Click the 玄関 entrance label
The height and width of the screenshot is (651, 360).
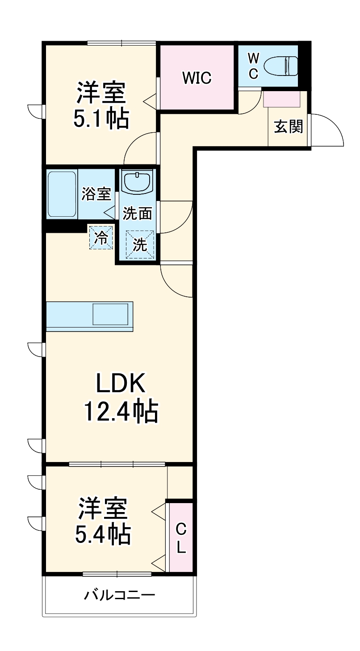click(x=288, y=127)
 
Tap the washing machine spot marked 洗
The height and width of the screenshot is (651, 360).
click(x=139, y=244)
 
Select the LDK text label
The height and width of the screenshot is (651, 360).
click(x=120, y=383)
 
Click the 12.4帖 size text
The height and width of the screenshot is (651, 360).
click(x=121, y=412)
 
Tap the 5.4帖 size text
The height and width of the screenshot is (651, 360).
click(x=102, y=534)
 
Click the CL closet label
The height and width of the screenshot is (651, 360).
click(x=181, y=538)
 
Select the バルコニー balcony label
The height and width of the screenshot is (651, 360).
click(x=120, y=595)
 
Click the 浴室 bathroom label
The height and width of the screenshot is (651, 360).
click(x=96, y=194)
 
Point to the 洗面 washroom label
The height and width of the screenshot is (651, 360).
click(x=138, y=214)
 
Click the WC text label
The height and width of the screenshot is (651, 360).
click(x=253, y=66)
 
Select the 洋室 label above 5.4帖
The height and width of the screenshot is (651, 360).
click(x=103, y=508)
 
